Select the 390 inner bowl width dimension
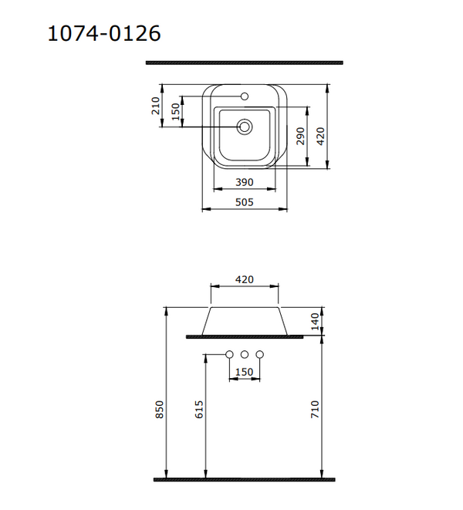click(245, 182)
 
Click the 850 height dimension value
click(160, 409)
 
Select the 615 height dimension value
click(198, 409)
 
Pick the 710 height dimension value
click(315, 409)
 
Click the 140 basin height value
click(315, 321)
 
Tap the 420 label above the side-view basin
click(245, 279)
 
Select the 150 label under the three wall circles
click(244, 372)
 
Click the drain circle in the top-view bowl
click(245, 127)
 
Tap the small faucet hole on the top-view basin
click(245, 97)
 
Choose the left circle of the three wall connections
click(229, 354)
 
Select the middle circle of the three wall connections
click(245, 354)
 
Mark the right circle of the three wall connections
click(260, 354)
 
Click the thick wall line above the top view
click(245, 62)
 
